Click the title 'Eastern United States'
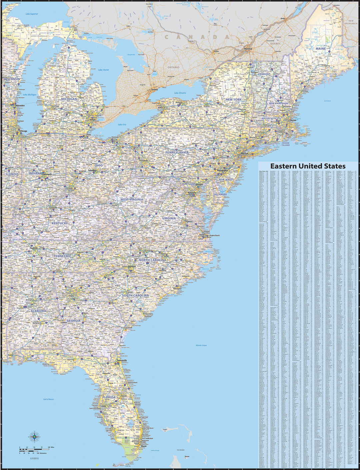point(308,166)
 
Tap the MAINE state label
point(321,49)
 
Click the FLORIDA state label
point(109,397)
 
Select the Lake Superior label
point(32,14)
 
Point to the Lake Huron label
point(103,70)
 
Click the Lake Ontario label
point(180,93)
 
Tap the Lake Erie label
point(122,124)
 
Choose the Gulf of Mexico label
point(48,399)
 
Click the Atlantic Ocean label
point(201,345)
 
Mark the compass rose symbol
point(34,436)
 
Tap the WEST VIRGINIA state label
point(132,199)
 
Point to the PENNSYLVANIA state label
point(177,152)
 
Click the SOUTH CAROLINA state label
point(135,295)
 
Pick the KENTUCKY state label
point(60,223)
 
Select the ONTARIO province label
point(173,67)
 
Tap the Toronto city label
point(154,90)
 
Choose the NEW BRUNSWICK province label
point(351,22)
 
